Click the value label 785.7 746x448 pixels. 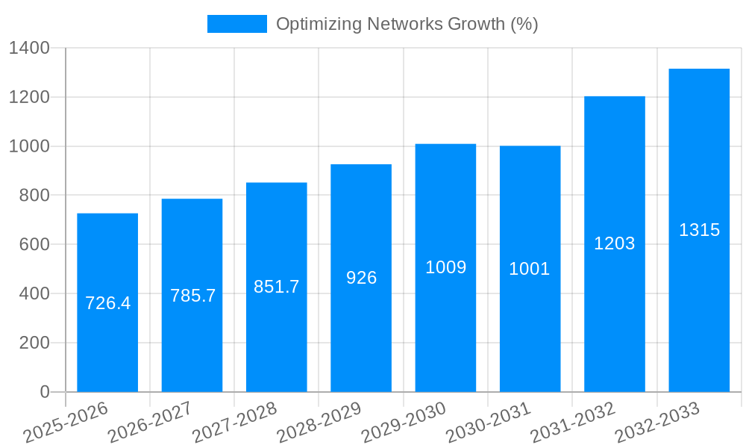point(192,296)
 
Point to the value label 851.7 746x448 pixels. point(276,287)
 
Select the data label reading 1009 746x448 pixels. point(445,267)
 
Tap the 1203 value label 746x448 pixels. point(614,243)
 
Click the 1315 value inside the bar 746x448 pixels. point(699,230)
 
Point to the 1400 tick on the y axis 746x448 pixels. point(29,49)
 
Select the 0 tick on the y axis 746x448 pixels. point(44,392)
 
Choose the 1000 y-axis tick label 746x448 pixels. point(29,147)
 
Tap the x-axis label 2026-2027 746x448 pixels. point(150,422)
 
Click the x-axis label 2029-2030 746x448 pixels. point(404,422)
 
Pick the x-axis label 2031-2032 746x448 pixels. point(573,422)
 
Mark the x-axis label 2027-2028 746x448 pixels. point(234,422)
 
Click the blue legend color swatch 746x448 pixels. point(236,24)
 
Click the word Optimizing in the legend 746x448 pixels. point(319,25)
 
